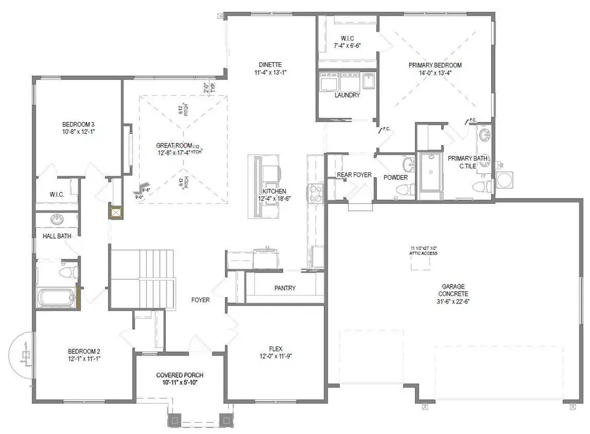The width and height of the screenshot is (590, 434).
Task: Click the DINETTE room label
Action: [269, 64]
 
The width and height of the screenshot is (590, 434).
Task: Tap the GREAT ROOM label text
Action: [174, 146]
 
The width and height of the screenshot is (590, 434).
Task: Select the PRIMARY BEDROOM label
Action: [435, 66]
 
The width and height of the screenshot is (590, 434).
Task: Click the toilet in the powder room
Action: [404, 189]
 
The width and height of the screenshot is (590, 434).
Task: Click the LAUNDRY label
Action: [347, 95]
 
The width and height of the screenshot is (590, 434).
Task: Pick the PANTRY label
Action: [285, 288]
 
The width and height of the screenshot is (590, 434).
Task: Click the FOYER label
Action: [201, 300]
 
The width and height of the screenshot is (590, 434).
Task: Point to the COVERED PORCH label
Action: [180, 375]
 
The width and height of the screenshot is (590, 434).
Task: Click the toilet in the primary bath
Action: [484, 186]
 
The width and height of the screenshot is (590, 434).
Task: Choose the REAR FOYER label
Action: [354, 174]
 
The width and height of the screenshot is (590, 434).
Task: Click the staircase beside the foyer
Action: [143, 278]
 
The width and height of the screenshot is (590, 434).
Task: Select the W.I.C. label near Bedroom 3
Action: [56, 194]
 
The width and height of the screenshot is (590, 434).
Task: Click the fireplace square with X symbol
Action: [117, 213]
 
